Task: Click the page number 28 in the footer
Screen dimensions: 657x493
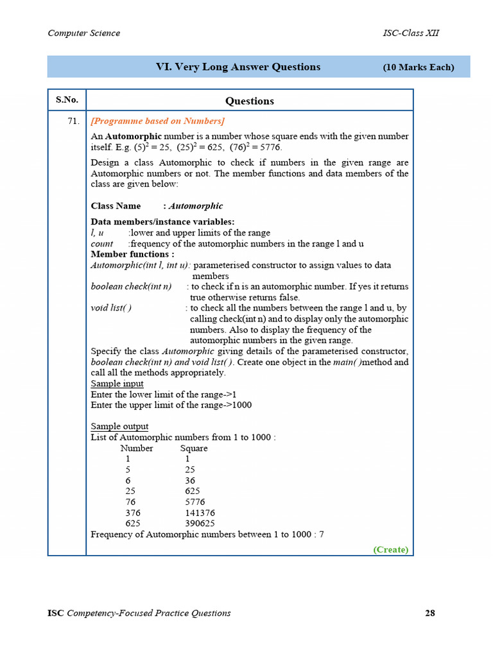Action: point(430,613)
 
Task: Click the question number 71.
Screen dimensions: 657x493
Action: point(73,121)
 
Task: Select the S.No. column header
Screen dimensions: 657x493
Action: point(67,100)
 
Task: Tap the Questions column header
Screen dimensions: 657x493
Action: point(250,101)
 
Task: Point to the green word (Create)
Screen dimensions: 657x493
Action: point(390,549)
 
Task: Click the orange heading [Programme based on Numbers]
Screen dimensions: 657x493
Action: point(157,121)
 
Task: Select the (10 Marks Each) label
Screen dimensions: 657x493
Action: point(419,67)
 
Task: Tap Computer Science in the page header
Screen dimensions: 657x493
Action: point(83,33)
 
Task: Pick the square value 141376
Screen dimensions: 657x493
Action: point(200,513)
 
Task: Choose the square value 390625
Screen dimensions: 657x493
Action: point(200,524)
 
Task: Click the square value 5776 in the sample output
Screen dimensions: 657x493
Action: point(195,502)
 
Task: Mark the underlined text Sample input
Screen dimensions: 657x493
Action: point(117,384)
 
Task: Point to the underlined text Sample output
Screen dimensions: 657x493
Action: point(119,427)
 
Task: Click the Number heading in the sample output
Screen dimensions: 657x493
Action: point(137,448)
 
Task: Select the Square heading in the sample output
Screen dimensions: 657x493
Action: point(194,448)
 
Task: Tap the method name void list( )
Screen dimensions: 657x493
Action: point(111,308)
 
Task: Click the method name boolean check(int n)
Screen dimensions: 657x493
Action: point(131,286)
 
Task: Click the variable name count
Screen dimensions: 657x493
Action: point(101,244)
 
